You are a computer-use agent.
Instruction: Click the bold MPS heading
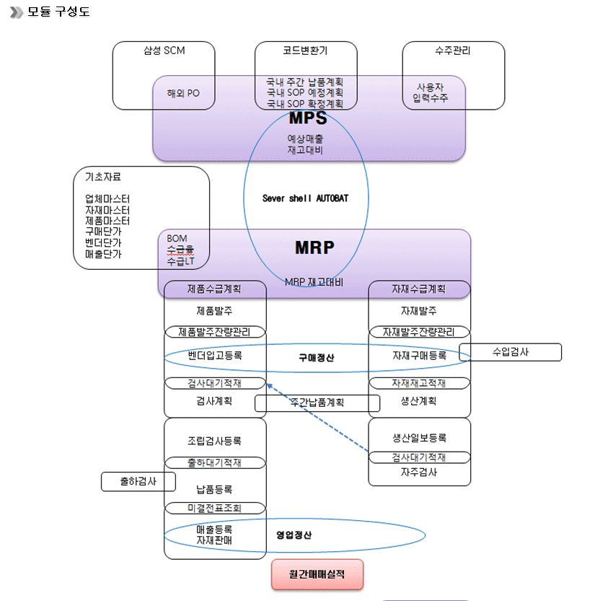point(308,118)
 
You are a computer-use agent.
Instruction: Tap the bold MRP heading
point(314,247)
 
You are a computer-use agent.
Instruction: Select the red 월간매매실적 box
point(317,574)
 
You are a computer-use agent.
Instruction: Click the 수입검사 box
point(510,352)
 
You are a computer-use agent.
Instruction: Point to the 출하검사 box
point(138,481)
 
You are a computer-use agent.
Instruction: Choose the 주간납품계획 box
point(317,403)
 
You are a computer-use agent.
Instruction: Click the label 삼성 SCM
point(164,51)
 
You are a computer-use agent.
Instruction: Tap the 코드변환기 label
point(305,51)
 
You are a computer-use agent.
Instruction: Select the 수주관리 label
point(453,51)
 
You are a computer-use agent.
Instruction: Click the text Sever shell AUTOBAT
point(305,198)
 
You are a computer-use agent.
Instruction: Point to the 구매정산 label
point(317,357)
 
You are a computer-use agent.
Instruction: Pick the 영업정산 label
point(294,535)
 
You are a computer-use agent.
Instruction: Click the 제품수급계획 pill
point(214,289)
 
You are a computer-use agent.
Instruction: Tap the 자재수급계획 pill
point(419,289)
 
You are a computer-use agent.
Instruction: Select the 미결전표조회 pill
point(214,508)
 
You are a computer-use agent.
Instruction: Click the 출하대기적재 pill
point(214,462)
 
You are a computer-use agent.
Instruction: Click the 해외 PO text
point(183,93)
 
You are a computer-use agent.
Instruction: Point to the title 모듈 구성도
point(58,12)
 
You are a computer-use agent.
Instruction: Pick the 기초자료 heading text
point(104,177)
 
